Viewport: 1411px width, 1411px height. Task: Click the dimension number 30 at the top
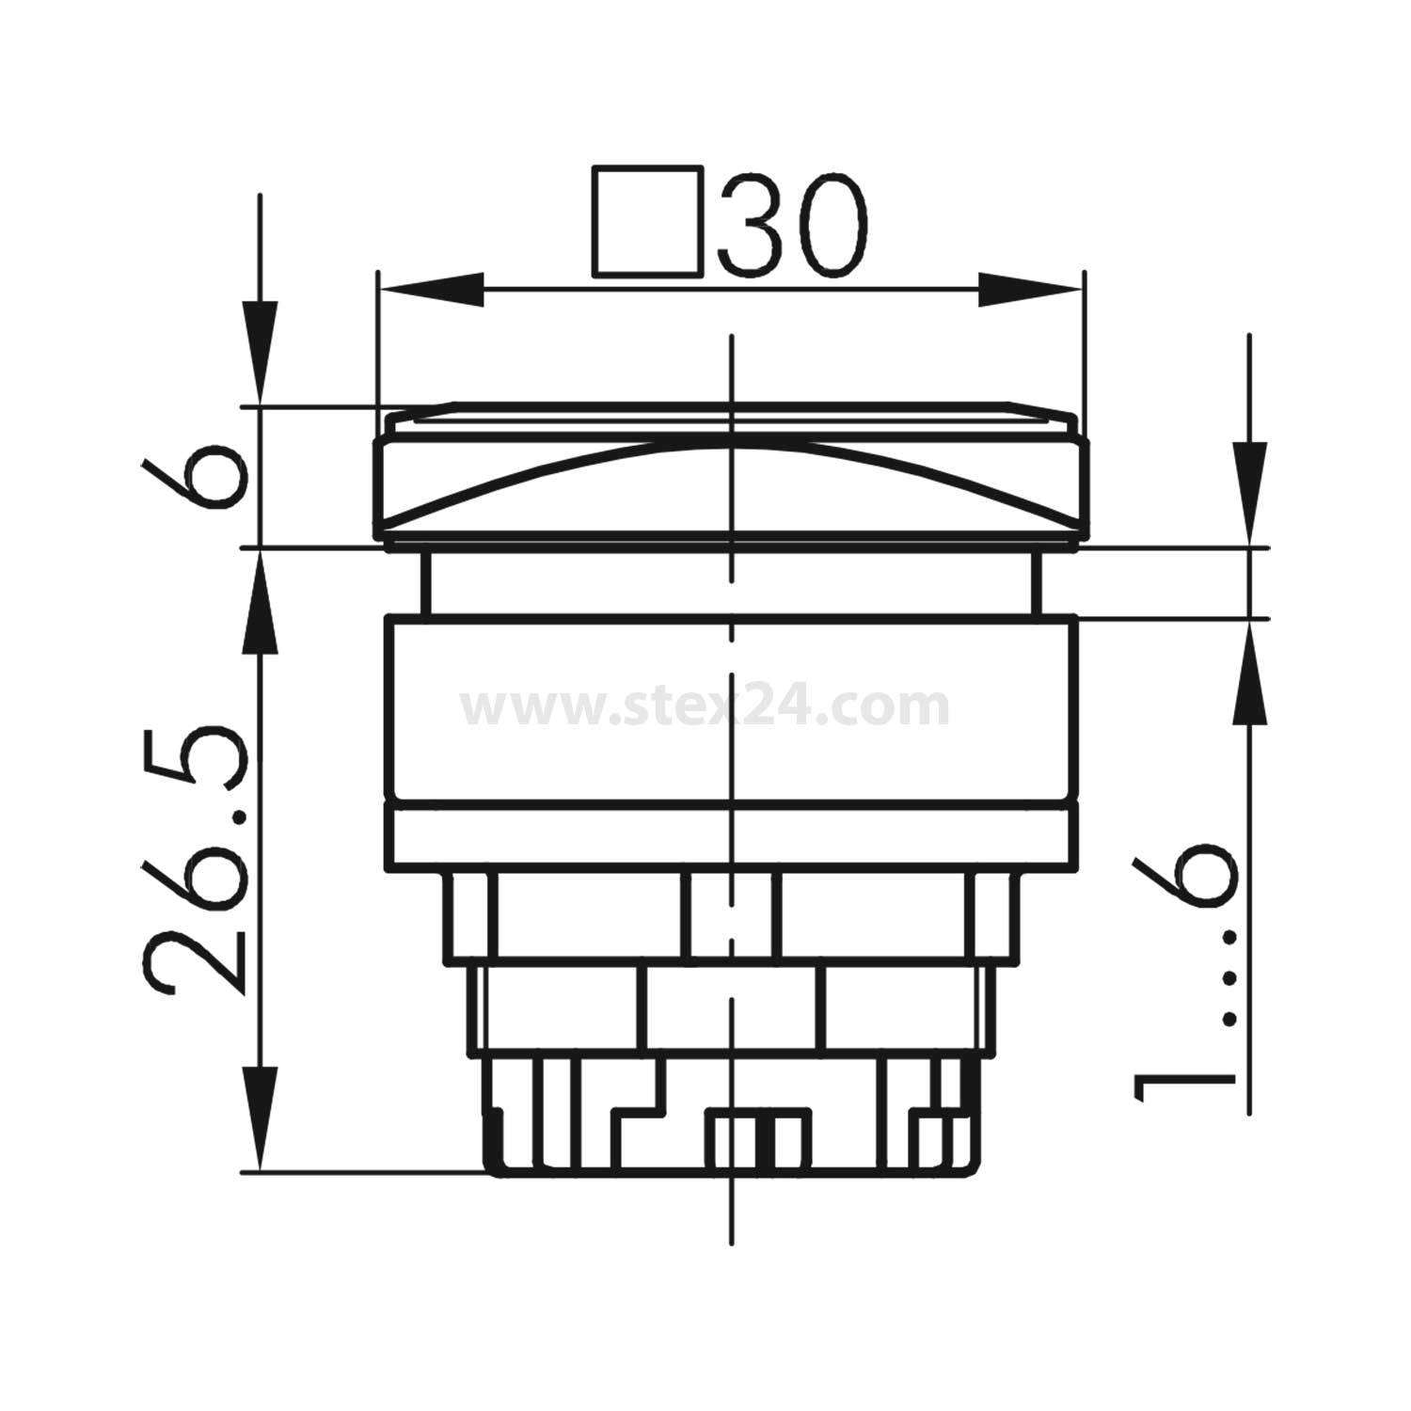(791, 224)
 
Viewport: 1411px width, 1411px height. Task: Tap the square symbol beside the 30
(648, 223)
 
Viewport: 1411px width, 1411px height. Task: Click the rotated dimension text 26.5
(198, 857)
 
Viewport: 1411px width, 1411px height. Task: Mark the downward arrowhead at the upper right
(1250, 494)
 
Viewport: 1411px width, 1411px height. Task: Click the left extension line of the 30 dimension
(377, 348)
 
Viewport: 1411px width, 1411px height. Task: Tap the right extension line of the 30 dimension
(1085, 348)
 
